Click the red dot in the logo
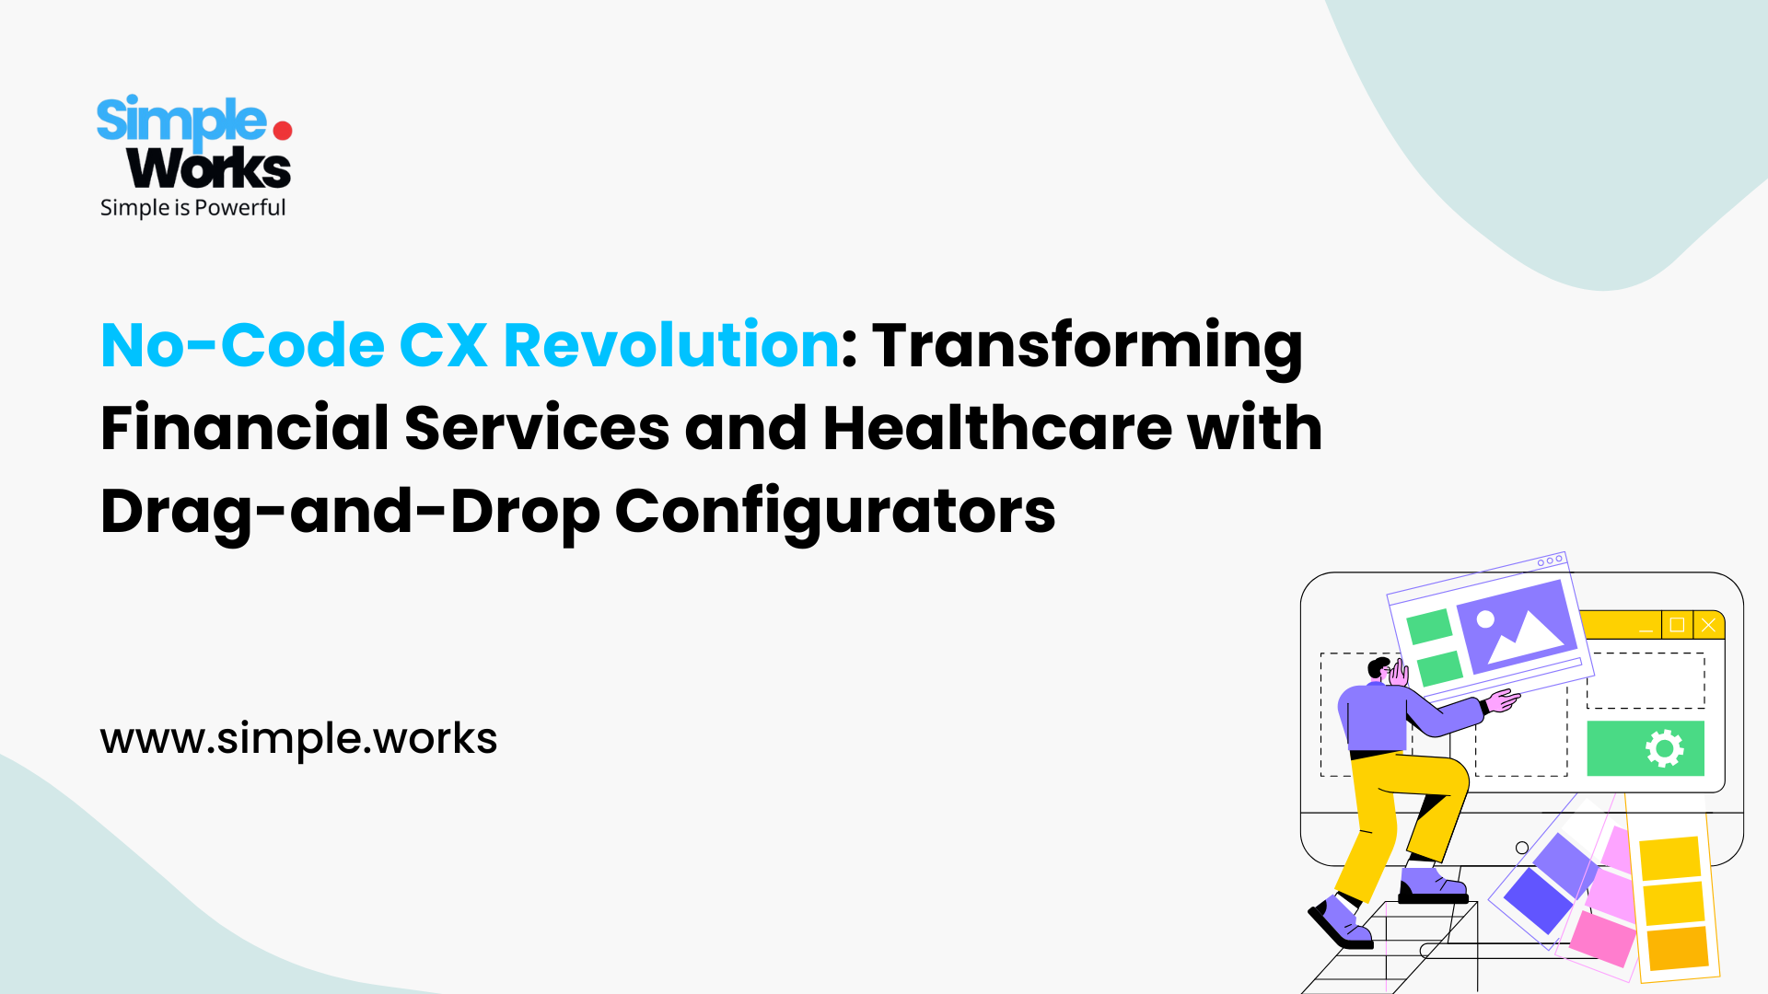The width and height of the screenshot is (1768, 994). [283, 131]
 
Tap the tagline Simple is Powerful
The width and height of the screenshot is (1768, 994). [192, 208]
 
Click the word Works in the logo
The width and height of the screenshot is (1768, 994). [209, 168]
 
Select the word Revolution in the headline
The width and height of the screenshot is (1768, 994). [671, 345]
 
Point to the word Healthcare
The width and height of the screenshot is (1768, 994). [997, 428]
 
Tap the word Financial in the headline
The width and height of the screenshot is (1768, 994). [245, 428]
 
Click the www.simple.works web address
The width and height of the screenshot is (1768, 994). [298, 739]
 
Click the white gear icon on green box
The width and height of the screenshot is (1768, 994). [1664, 748]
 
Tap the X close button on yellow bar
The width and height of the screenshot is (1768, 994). [1708, 625]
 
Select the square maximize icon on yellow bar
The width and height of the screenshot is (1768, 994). [1677, 625]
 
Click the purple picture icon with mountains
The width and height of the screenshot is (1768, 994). [1517, 626]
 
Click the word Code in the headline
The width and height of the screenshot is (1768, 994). [302, 345]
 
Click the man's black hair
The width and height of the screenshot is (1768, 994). [1378, 665]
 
